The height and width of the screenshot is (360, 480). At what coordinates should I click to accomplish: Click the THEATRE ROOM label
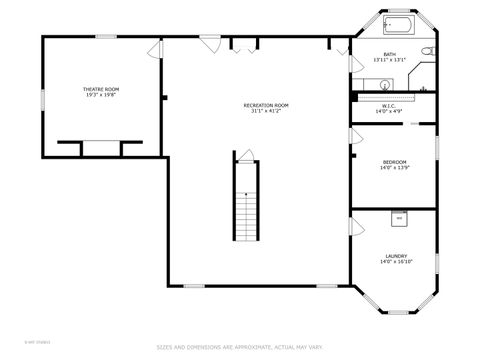click(x=99, y=90)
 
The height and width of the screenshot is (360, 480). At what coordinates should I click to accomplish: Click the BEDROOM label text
click(x=395, y=162)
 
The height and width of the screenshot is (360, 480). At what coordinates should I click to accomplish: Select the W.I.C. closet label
click(x=390, y=106)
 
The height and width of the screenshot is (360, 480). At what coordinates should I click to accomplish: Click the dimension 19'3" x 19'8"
click(x=99, y=96)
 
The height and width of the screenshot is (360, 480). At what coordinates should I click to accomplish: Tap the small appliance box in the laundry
click(x=398, y=216)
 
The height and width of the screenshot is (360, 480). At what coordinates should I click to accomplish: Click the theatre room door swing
click(x=154, y=49)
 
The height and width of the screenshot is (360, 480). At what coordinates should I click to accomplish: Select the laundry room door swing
click(x=355, y=224)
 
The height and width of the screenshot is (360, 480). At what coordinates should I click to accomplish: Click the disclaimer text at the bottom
click(x=239, y=347)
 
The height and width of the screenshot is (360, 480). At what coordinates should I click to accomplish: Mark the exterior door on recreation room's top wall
click(x=211, y=43)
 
